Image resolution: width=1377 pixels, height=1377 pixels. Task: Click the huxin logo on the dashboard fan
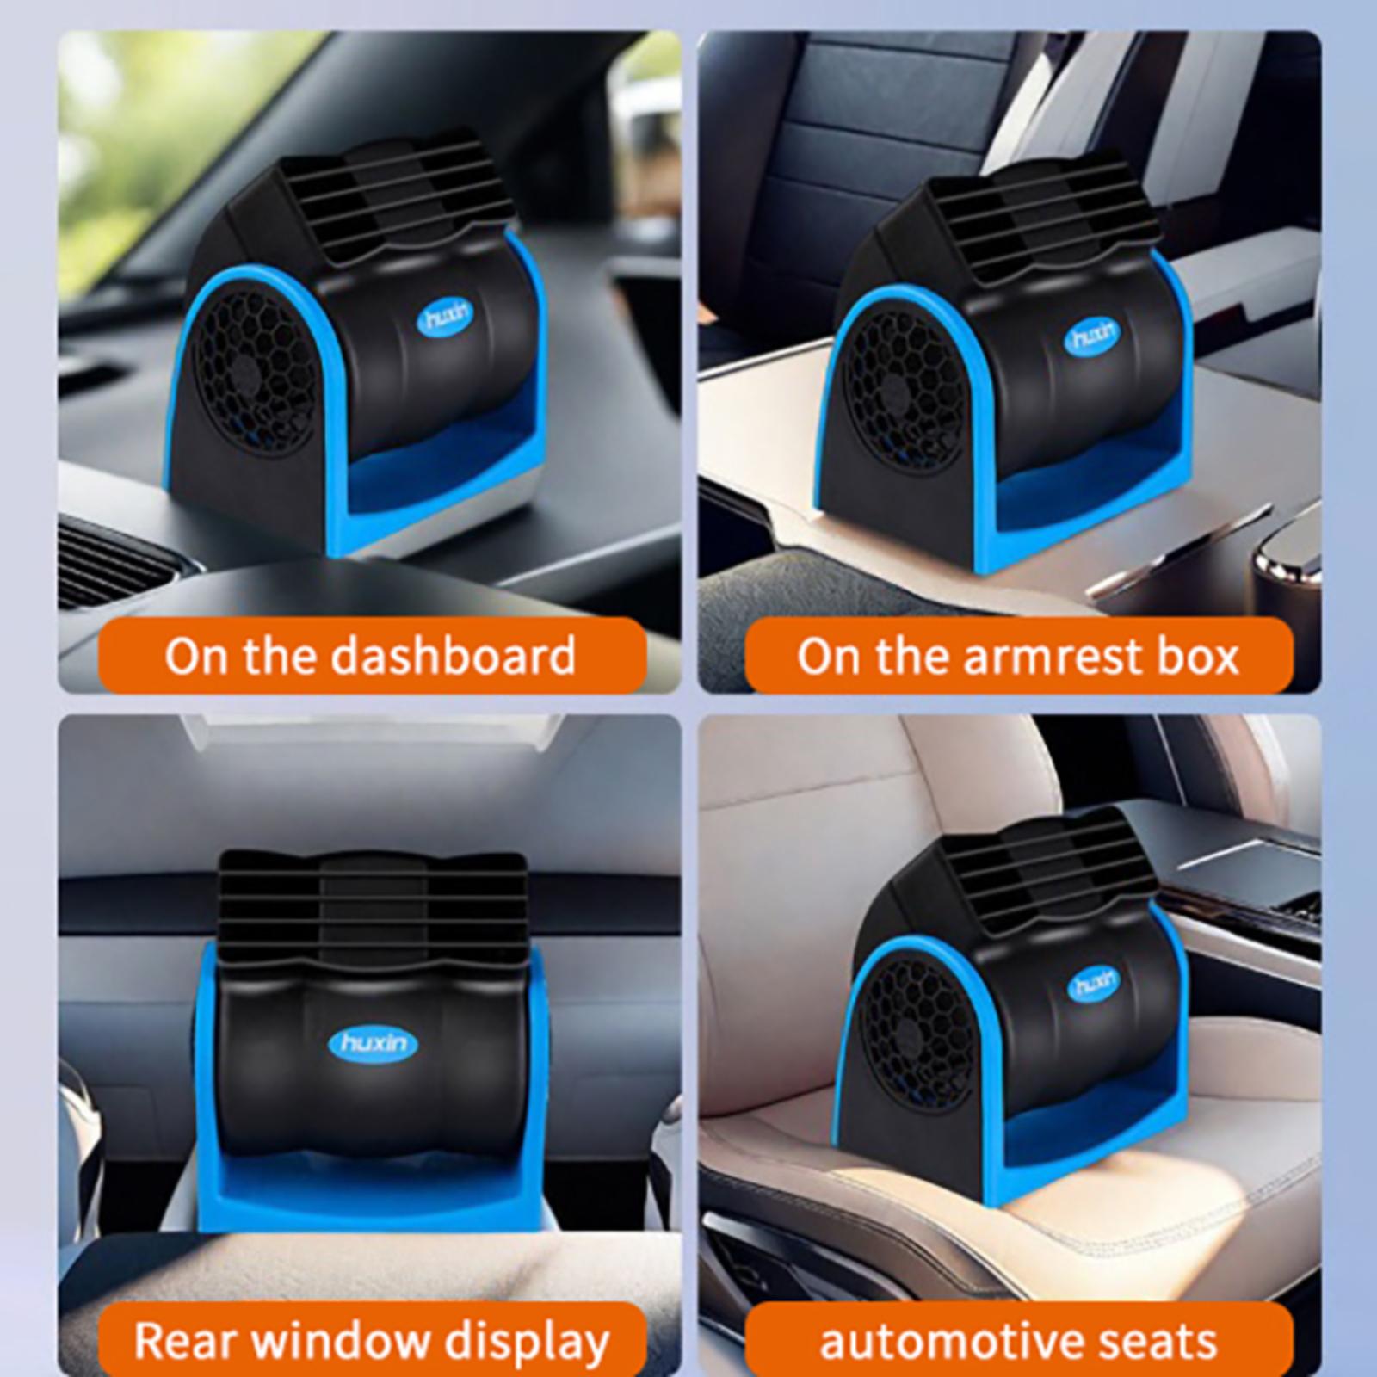[x=445, y=318]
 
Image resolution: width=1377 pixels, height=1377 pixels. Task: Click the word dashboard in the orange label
[x=454, y=656]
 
